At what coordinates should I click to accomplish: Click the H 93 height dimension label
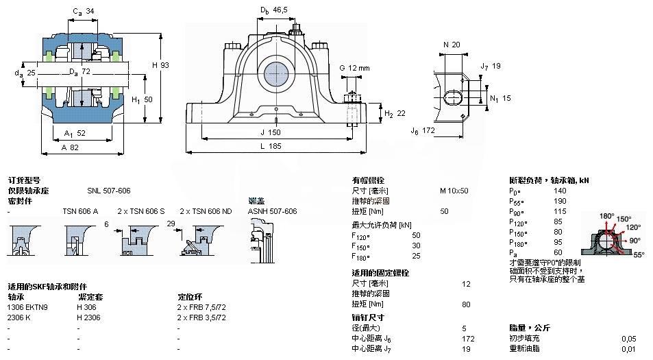tap(160, 65)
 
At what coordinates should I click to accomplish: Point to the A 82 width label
tap(70, 147)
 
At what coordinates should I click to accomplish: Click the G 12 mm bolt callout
tap(354, 68)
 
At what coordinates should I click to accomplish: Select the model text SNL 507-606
tap(108, 191)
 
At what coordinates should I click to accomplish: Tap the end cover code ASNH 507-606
tap(272, 211)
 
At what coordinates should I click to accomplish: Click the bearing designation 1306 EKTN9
tap(28, 307)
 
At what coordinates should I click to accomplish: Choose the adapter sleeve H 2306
tap(89, 317)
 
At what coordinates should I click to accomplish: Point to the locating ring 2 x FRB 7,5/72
tap(201, 307)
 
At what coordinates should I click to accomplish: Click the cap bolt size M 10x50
tap(454, 191)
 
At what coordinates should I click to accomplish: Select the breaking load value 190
tap(559, 201)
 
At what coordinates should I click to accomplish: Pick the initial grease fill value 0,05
tap(628, 338)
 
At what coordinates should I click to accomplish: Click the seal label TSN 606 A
tap(80, 211)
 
